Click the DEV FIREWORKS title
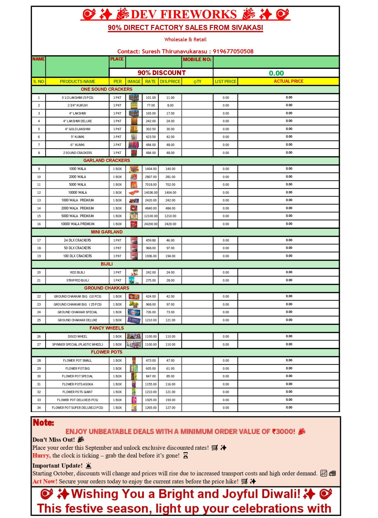184,14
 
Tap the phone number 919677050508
233,51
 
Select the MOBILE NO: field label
197,59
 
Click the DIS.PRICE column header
170,81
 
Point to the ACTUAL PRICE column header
288,81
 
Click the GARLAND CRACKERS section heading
106,161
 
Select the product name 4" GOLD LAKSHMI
78,129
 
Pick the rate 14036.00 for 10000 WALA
151,193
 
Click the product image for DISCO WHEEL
134,336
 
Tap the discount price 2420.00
170,224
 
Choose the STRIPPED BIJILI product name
78,280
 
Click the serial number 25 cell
39,320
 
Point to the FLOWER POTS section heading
106,352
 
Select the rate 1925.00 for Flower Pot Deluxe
151,400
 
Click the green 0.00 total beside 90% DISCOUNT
276,73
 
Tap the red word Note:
43,422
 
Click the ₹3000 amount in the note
283,431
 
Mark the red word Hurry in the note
41,455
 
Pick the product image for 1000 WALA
134,169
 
